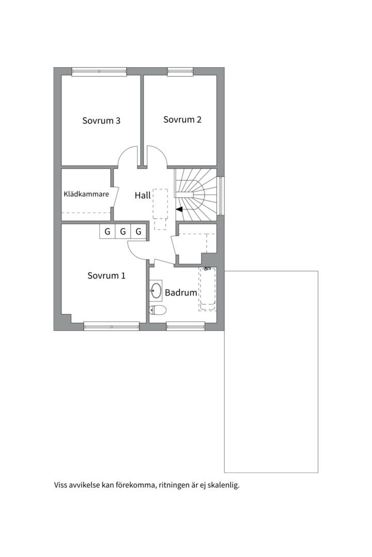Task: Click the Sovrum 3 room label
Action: point(101,120)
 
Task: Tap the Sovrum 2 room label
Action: point(182,119)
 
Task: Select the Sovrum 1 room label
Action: point(106,275)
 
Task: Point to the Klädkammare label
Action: point(86,194)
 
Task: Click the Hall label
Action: point(143,195)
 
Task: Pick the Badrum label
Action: point(181,293)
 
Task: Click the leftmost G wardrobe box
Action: point(107,232)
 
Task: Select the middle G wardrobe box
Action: point(123,232)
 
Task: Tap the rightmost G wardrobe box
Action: point(138,232)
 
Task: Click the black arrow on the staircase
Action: point(179,209)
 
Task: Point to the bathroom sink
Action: point(156,290)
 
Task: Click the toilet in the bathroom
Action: point(158,310)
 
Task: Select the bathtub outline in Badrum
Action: point(208,289)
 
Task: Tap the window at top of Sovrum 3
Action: point(99,71)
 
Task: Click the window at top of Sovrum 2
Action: point(180,71)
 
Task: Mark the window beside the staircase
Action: point(221,196)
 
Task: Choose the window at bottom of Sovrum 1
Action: point(112,326)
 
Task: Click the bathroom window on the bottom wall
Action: point(185,326)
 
